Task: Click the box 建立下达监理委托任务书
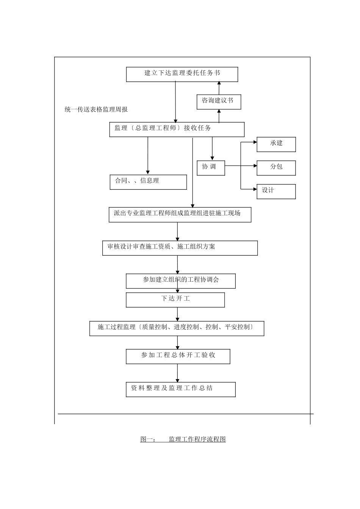[x=182, y=74]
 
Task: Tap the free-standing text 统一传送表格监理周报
[x=96, y=109]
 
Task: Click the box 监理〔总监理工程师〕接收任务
[x=177, y=130]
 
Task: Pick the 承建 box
[x=276, y=144]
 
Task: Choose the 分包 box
[x=276, y=168]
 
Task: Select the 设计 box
[x=276, y=191]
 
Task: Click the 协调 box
[x=211, y=168]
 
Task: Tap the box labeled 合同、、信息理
[x=148, y=182]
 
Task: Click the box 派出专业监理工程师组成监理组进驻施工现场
[x=180, y=215]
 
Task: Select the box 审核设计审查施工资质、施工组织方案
[x=180, y=248]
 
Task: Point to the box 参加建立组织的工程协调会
[x=181, y=281]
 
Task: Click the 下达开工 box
[x=175, y=300]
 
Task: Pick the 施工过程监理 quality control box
[x=177, y=328]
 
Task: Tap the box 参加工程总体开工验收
[x=178, y=356]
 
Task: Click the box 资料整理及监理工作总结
[x=181, y=389]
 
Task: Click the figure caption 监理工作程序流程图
[x=183, y=439]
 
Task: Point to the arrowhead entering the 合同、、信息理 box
[x=148, y=172]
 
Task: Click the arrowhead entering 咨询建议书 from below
[x=219, y=112]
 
